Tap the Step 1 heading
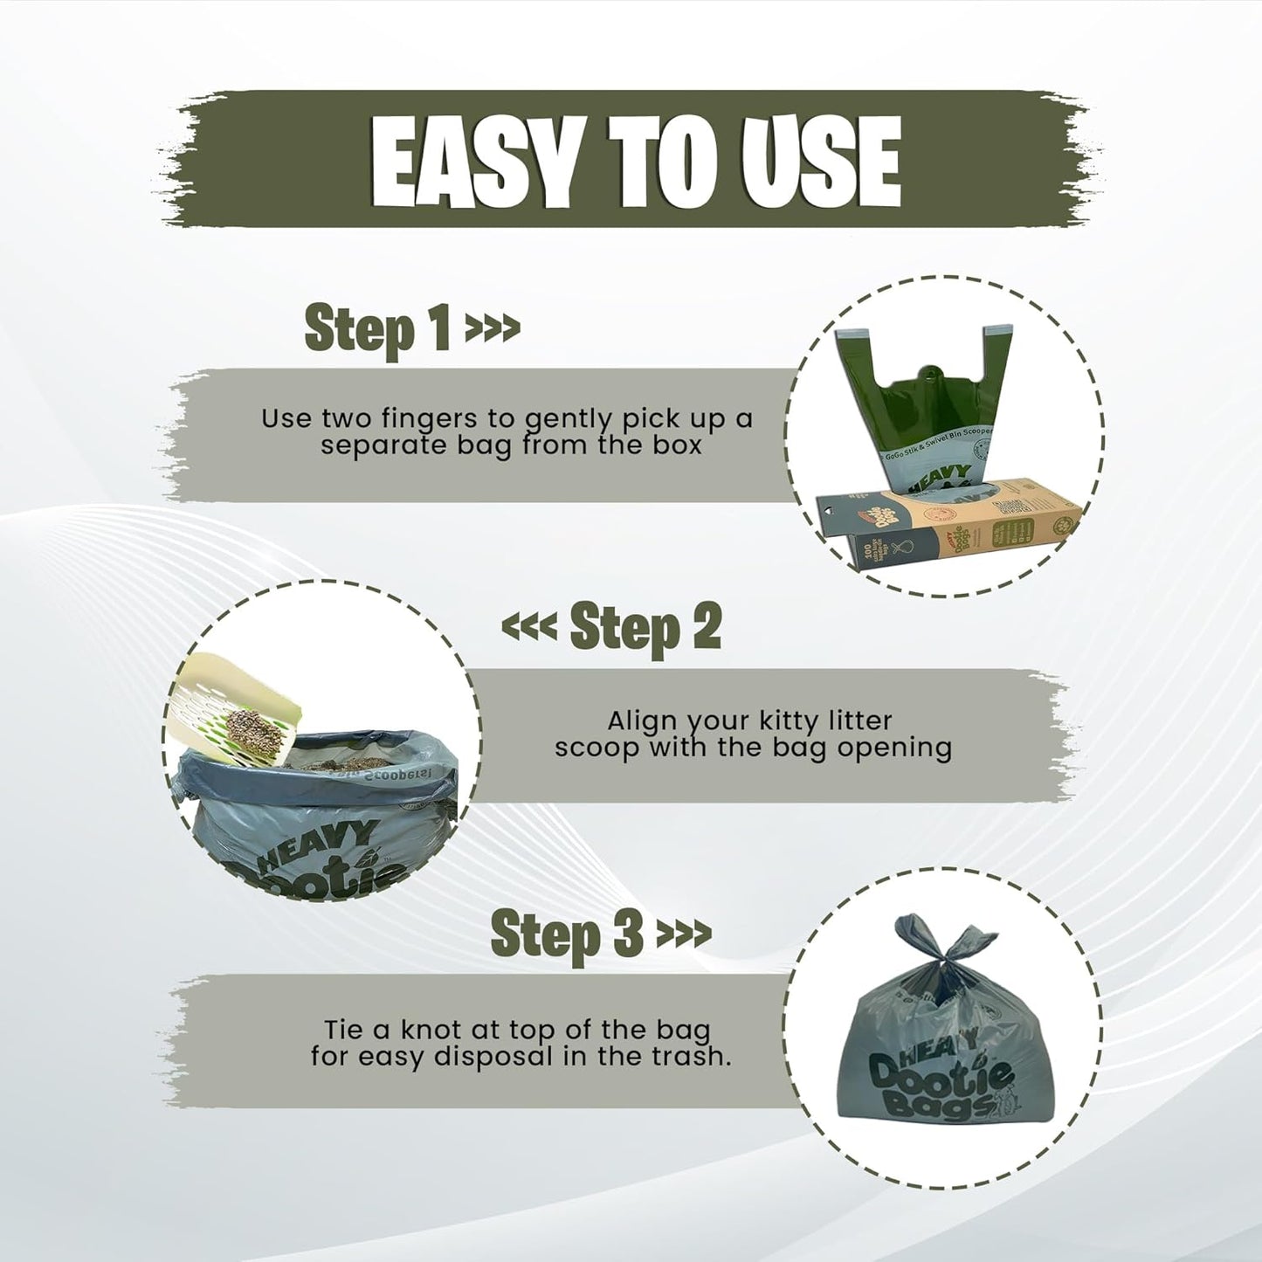[x=378, y=329]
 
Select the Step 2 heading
[x=645, y=626]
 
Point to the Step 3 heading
[x=568, y=932]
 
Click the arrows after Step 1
[x=493, y=329]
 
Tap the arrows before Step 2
[x=528, y=626]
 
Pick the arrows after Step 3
[x=683, y=934]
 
